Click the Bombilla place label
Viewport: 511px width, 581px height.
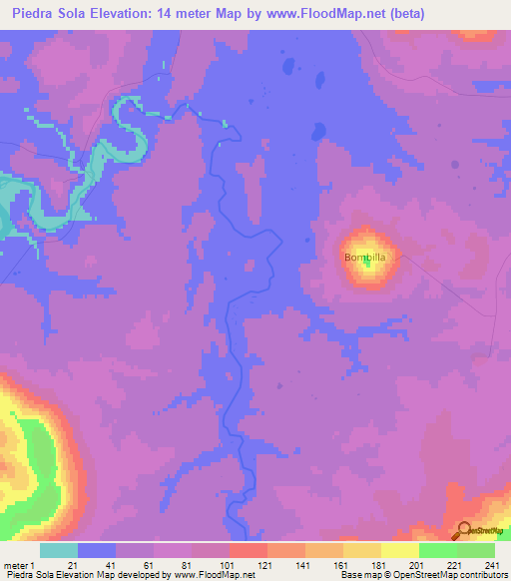tap(364, 258)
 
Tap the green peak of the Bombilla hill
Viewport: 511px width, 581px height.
tap(368, 263)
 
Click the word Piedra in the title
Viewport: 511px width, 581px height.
tap(37, 14)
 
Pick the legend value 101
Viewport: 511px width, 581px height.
tap(229, 565)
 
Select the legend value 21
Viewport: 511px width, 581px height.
tap(72, 565)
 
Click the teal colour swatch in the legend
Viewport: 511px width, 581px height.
tap(59, 550)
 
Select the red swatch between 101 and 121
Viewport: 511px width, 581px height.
tap(249, 550)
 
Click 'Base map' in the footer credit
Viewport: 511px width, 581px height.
tap(357, 575)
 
